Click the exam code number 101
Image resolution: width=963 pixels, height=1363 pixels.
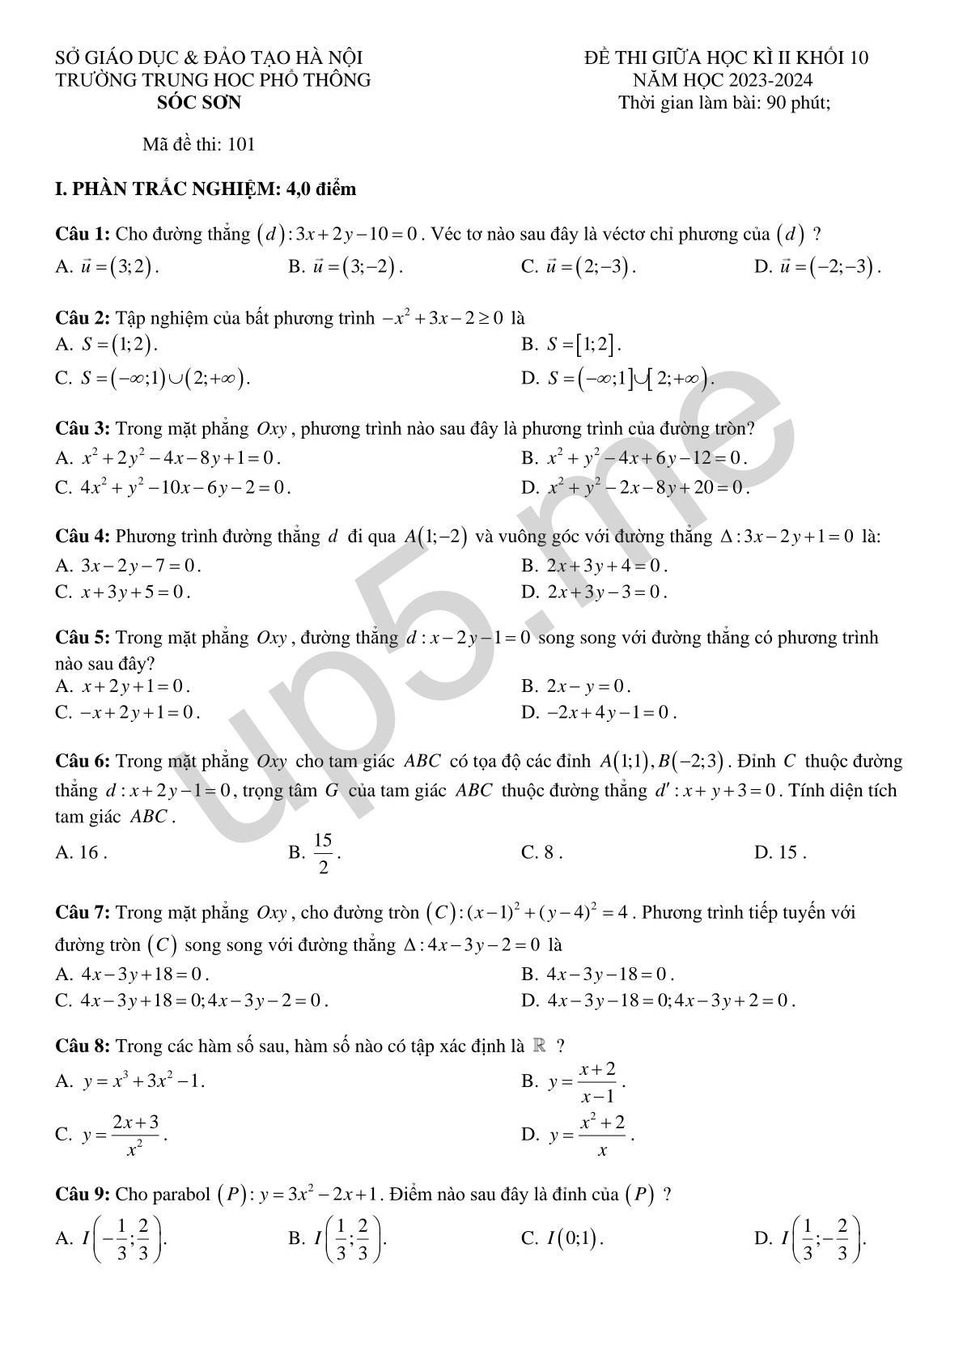pyautogui.click(x=242, y=145)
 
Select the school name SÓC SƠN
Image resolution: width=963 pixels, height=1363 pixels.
pyautogui.click(x=199, y=102)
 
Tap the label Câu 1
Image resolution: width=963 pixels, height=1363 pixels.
pyautogui.click(x=83, y=235)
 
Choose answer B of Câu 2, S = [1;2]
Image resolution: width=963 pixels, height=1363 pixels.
pyautogui.click(x=583, y=345)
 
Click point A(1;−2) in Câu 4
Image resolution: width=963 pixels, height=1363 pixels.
pyautogui.click(x=436, y=537)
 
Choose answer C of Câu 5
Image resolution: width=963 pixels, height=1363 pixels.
pyautogui.click(x=138, y=713)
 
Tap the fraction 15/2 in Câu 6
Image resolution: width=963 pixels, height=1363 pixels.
pyautogui.click(x=324, y=853)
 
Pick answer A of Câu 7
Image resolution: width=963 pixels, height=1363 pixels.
pyautogui.click(x=144, y=974)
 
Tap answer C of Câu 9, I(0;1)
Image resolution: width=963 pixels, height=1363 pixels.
pyautogui.click(x=574, y=1238)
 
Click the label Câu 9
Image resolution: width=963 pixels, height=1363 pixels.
pyautogui.click(x=83, y=1195)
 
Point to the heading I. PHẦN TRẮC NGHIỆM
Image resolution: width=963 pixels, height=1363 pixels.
pyautogui.click(x=206, y=189)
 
